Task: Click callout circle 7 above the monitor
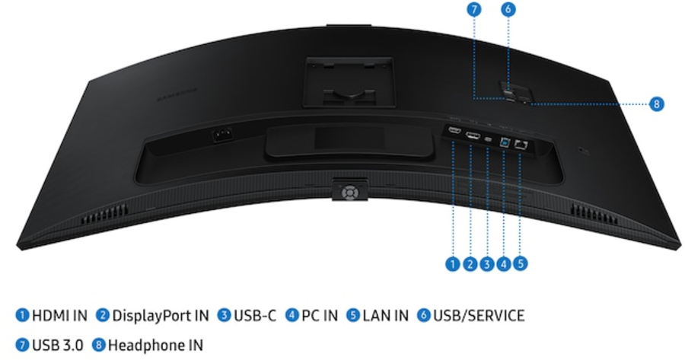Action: tap(474, 9)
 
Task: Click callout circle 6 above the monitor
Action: tap(508, 9)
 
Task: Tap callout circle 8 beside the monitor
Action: tap(656, 104)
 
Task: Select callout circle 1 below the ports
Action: tap(453, 263)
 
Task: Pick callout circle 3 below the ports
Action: tap(486, 263)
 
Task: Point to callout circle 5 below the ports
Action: tap(521, 263)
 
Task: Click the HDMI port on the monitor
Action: tap(454, 130)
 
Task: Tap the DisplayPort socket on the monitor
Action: tap(473, 135)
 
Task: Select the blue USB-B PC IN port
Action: tap(505, 142)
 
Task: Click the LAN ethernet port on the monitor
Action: tap(521, 145)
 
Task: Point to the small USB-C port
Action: tap(489, 139)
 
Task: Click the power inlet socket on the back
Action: tap(221, 135)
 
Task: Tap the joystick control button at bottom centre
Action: tap(349, 192)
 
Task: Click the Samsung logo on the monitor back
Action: tap(177, 95)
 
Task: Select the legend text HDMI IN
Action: tap(60, 315)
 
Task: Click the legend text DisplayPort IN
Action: tap(161, 315)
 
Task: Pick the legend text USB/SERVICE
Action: tap(479, 315)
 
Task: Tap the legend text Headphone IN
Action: tap(155, 345)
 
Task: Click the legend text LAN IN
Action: tap(385, 315)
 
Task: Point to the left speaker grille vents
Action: tap(104, 214)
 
